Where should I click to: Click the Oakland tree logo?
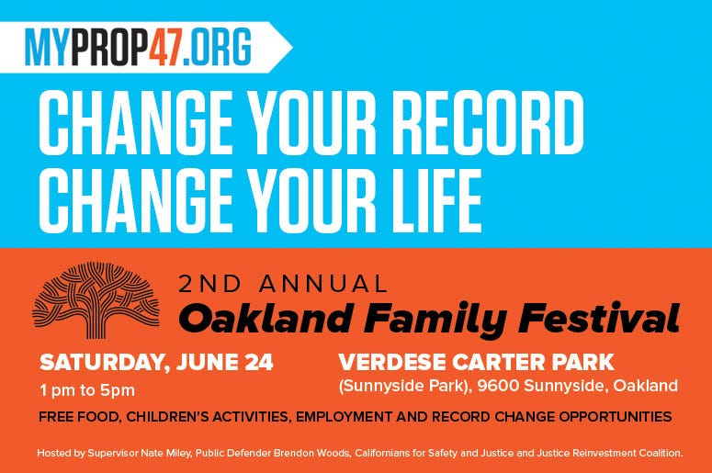pyautogui.click(x=96, y=300)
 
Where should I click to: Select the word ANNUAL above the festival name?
pyautogui.click(x=323, y=284)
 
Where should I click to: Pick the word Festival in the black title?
pyautogui.click(x=599, y=317)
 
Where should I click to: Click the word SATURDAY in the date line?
pyautogui.click(x=102, y=363)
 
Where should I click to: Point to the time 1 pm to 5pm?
pyautogui.click(x=87, y=390)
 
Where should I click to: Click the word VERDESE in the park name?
pyautogui.click(x=392, y=362)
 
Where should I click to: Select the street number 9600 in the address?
pyautogui.click(x=498, y=386)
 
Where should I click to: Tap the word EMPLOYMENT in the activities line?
pyautogui.click(x=345, y=417)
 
